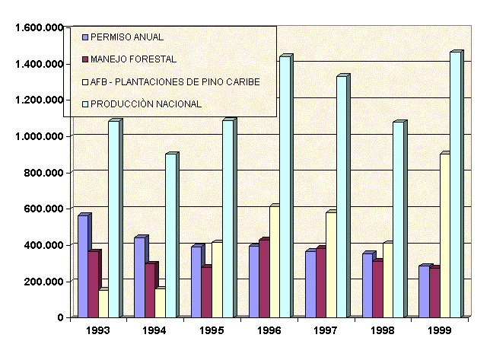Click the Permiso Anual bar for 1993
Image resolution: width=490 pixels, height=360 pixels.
click(82, 266)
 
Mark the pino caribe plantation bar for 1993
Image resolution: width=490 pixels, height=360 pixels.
click(103, 304)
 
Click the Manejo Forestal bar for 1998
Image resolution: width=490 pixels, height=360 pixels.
click(377, 289)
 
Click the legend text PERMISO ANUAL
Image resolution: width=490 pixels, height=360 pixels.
click(126, 37)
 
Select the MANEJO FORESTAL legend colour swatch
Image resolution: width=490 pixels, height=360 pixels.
click(85, 59)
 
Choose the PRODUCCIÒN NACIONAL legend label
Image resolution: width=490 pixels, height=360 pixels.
click(146, 104)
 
